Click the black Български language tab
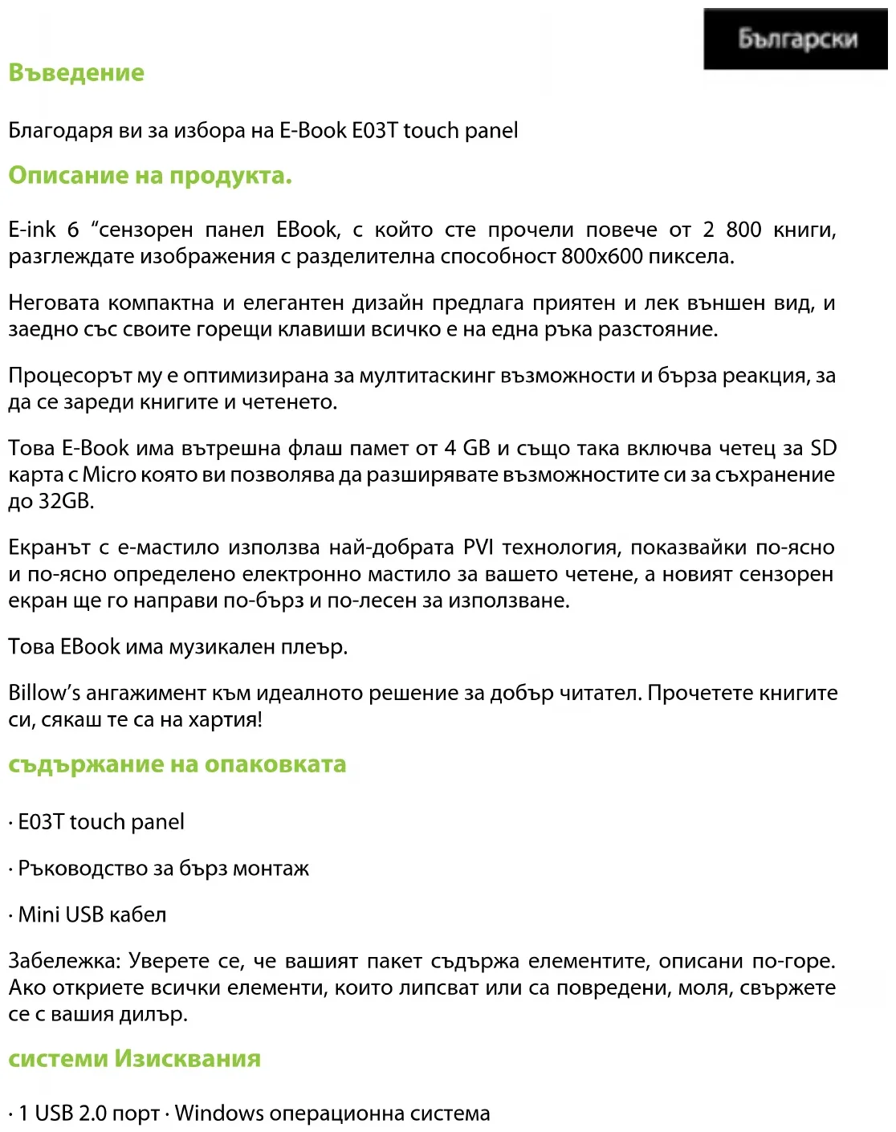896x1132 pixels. coord(796,39)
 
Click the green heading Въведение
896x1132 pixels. coord(76,73)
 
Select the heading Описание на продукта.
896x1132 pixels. coord(150,175)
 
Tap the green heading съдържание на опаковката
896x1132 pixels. coord(177,763)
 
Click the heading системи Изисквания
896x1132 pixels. coord(135,1058)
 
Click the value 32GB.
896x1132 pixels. coord(66,502)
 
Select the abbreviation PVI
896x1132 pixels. coord(479,548)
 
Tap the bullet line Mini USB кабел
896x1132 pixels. coord(92,914)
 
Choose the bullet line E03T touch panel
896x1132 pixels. coord(100,822)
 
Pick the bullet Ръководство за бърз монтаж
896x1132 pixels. coord(163,869)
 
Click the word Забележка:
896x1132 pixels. coord(65,961)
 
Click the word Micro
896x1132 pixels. coord(110,475)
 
